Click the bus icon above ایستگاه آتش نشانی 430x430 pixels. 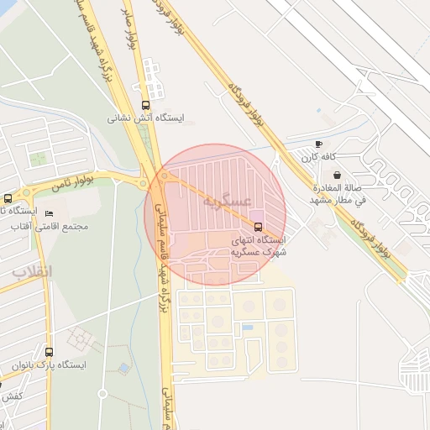147,105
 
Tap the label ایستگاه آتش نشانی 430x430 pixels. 145,118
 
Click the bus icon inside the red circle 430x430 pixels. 257,227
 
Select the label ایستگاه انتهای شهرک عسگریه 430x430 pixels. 259,246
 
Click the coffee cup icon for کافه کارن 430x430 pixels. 318,144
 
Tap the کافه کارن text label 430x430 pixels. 318,157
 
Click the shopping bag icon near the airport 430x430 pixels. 337,175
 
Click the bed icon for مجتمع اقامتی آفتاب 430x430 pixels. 49,213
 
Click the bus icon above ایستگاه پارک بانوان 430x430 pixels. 49,352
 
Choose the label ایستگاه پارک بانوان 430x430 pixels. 50,365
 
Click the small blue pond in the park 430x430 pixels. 124,368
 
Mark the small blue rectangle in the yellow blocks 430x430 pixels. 247,327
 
